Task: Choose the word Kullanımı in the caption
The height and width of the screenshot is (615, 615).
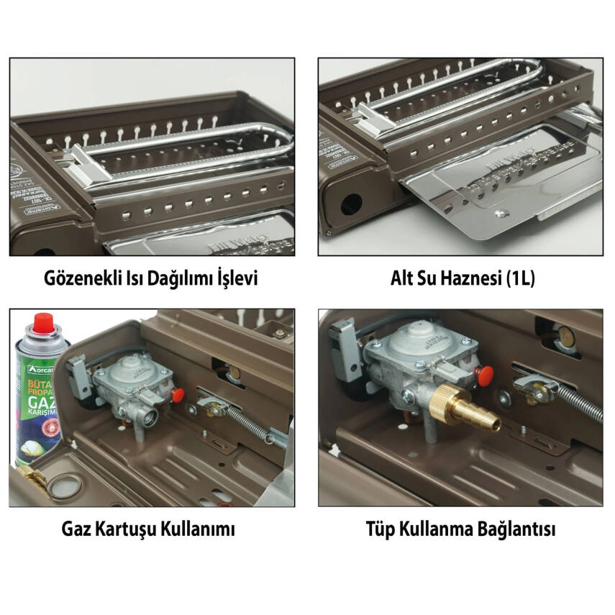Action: click(x=200, y=530)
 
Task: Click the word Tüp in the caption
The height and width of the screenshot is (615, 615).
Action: click(x=381, y=530)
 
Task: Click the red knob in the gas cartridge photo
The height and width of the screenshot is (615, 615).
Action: click(x=178, y=394)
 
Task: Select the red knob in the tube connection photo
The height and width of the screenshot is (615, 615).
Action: click(x=485, y=374)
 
